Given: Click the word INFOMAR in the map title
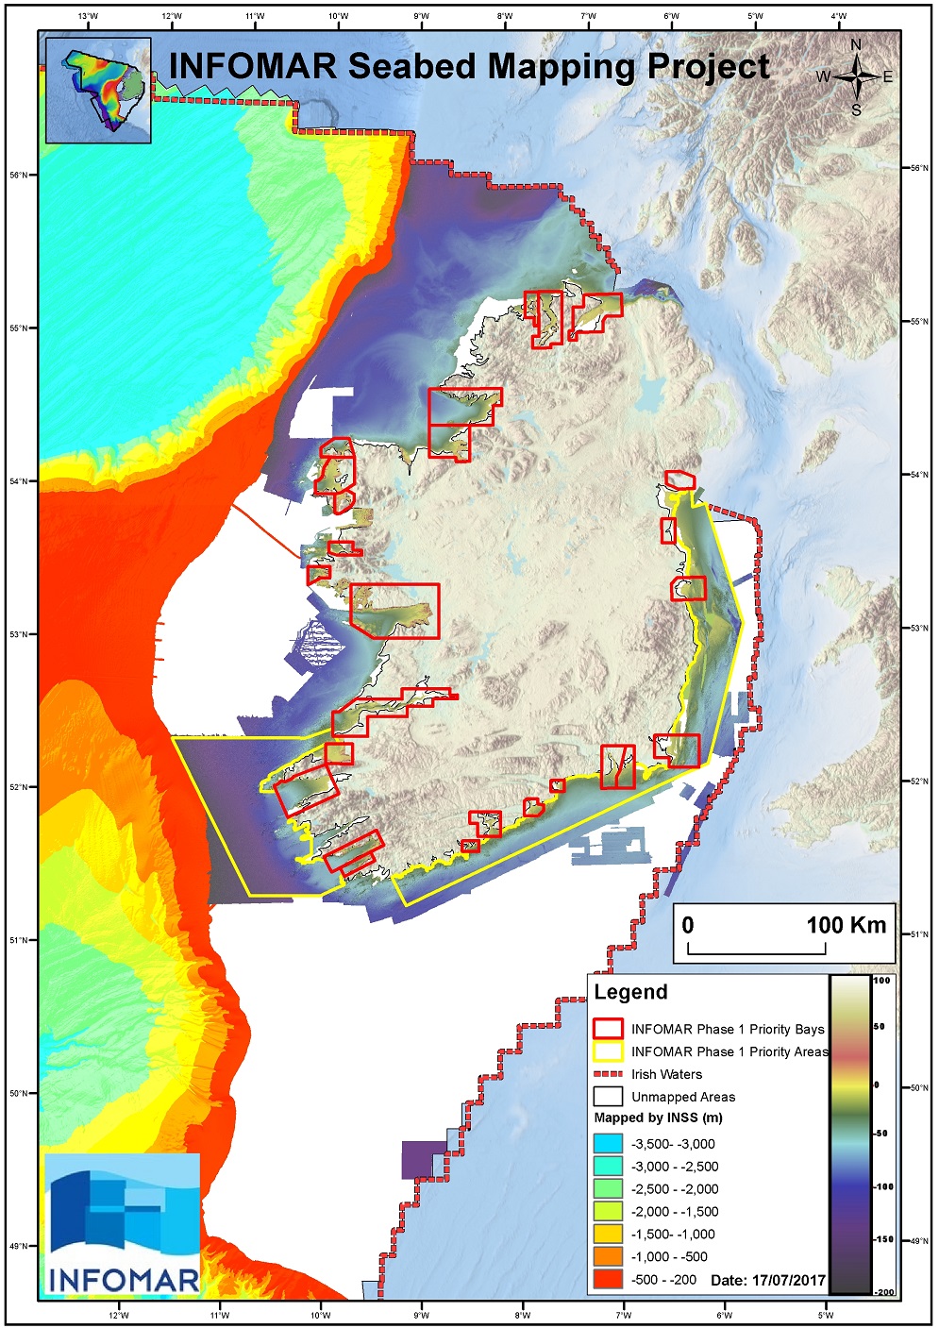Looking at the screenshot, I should click(252, 67).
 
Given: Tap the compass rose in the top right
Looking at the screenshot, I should click(856, 77).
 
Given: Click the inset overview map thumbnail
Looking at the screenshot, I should click(98, 91).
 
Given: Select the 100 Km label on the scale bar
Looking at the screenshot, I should click(846, 925).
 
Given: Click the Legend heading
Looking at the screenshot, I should click(630, 992).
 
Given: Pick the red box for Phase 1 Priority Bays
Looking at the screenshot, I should click(608, 1029).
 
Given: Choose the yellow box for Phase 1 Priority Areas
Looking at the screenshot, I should click(608, 1051).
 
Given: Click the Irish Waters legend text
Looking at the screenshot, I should click(666, 1074).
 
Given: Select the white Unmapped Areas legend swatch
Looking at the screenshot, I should click(608, 1097).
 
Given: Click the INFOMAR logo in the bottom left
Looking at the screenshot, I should click(123, 1223).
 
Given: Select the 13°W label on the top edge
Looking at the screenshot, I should click(88, 16).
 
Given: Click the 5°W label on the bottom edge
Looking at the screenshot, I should click(825, 1315).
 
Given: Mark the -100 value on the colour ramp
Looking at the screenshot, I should click(882, 1186).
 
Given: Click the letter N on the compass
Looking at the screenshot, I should click(856, 45).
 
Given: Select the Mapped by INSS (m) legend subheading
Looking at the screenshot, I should click(658, 1118).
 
